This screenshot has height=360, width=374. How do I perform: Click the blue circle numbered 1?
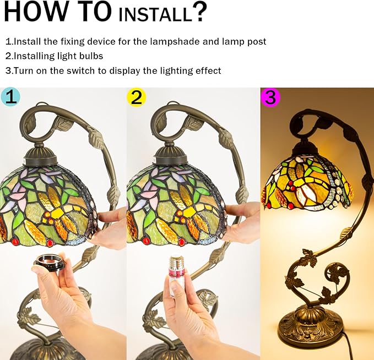[x=10, y=97]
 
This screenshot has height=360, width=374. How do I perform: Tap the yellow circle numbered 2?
[x=136, y=97]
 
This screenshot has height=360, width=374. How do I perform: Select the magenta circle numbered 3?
[x=270, y=97]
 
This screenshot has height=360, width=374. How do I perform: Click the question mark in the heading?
[x=199, y=12]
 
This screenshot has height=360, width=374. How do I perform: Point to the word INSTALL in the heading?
[x=155, y=15]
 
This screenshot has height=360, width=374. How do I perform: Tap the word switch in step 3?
[x=80, y=71]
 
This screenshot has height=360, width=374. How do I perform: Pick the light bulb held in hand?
[x=176, y=276]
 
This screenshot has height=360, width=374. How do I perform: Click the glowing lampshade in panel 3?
[x=308, y=183]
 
